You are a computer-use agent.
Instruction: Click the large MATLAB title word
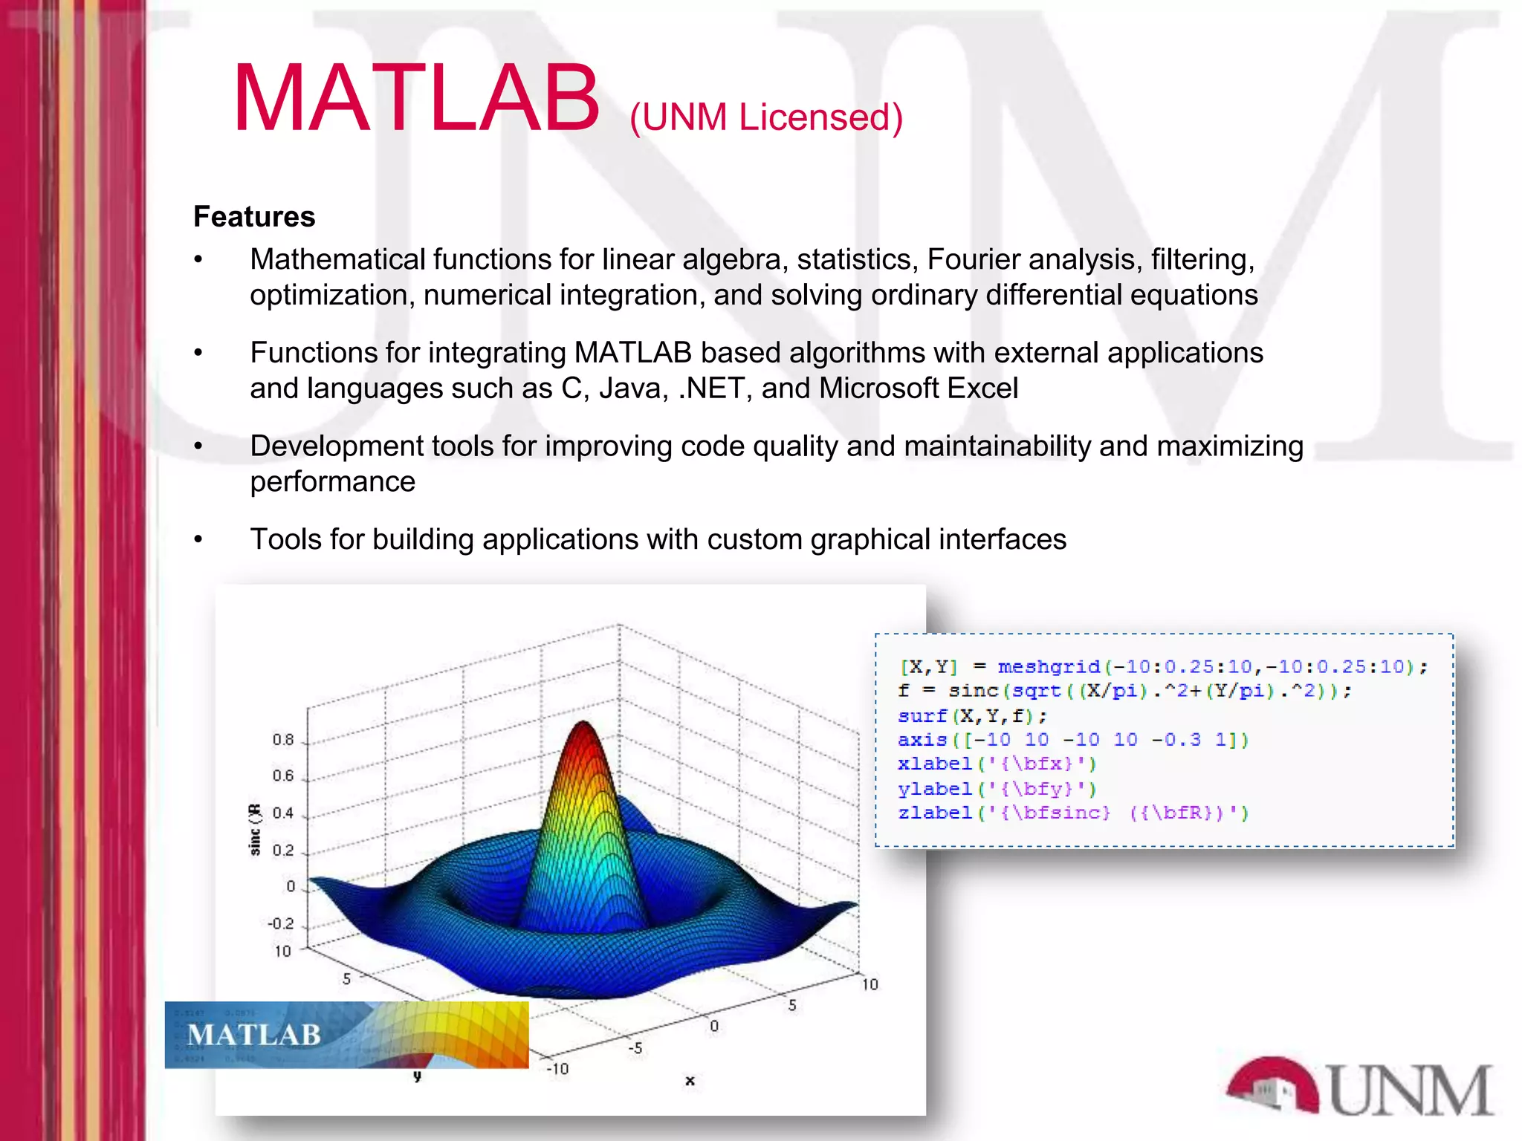click(x=416, y=99)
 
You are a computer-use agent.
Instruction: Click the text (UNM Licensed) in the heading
click(x=765, y=117)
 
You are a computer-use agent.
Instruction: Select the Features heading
click(x=254, y=216)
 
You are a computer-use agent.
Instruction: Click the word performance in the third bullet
click(x=332, y=482)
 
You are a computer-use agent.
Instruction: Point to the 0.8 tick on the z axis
click(x=283, y=740)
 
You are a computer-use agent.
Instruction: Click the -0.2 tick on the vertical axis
click(x=281, y=924)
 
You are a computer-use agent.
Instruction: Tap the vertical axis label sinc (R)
click(x=255, y=830)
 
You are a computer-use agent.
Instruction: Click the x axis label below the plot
click(x=690, y=1081)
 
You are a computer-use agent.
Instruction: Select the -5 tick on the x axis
click(x=635, y=1048)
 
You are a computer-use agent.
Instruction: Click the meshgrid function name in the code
click(x=1048, y=666)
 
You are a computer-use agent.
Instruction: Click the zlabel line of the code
click(x=1072, y=813)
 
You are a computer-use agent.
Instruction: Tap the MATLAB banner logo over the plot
click(x=346, y=1034)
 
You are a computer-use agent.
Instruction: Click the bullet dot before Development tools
click(x=198, y=446)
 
